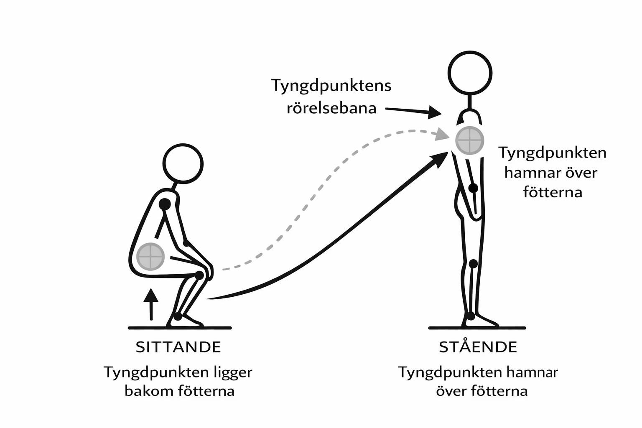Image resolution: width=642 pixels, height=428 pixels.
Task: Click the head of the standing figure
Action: coord(470,74)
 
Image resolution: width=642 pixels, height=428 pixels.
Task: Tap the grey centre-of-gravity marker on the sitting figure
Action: coord(150,256)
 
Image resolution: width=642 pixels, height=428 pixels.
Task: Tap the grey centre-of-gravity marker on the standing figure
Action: coord(470,140)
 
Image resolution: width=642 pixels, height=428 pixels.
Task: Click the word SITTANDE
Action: coord(178,347)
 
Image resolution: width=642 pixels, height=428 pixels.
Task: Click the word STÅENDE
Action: coord(478,347)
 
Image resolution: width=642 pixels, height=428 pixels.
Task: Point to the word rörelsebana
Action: coord(331,108)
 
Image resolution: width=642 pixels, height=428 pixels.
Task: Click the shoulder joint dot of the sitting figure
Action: coord(165,204)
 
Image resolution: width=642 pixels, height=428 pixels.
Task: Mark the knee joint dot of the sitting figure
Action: coord(199,275)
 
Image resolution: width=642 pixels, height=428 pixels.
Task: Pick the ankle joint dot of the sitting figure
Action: coord(178,316)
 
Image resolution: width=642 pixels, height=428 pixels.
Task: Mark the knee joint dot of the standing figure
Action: coord(473,264)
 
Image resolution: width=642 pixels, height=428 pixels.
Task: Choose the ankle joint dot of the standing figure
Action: coord(471,316)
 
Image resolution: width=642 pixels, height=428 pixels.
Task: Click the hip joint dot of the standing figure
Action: coord(473,188)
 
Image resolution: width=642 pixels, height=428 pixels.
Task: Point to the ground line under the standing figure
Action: coord(477,328)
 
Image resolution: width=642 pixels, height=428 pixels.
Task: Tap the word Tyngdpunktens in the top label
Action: coord(331,86)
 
